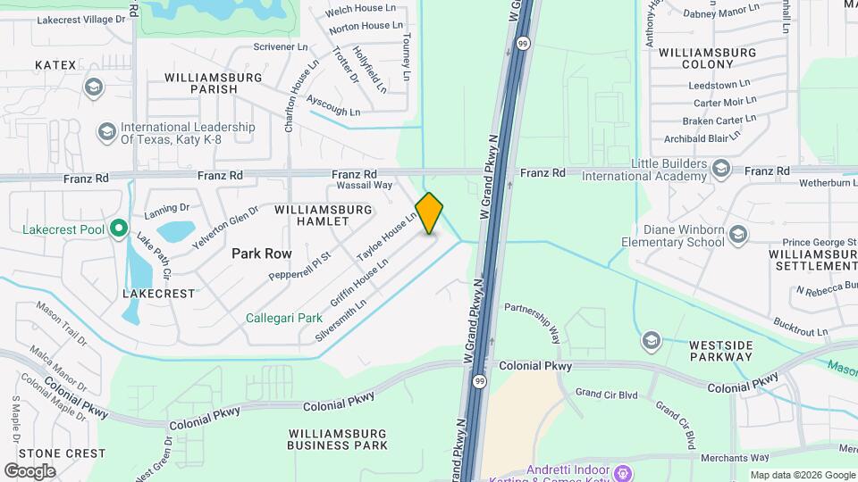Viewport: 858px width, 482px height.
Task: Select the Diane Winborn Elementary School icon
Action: [737, 235]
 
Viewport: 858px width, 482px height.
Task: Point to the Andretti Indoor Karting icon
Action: [624, 471]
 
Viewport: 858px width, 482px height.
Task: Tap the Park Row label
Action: [262, 253]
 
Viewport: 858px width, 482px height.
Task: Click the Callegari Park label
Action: [284, 318]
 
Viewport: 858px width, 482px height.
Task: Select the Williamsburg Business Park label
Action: [338, 438]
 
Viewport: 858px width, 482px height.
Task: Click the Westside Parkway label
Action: [720, 351]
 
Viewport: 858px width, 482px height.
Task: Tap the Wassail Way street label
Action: [365, 186]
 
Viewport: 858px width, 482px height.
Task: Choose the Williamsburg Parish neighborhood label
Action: [214, 83]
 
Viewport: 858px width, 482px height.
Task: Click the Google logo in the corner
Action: [29, 470]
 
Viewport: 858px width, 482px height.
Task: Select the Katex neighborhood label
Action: [55, 65]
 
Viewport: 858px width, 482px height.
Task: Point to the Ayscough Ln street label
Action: [332, 106]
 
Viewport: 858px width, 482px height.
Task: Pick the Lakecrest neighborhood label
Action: [159, 293]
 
